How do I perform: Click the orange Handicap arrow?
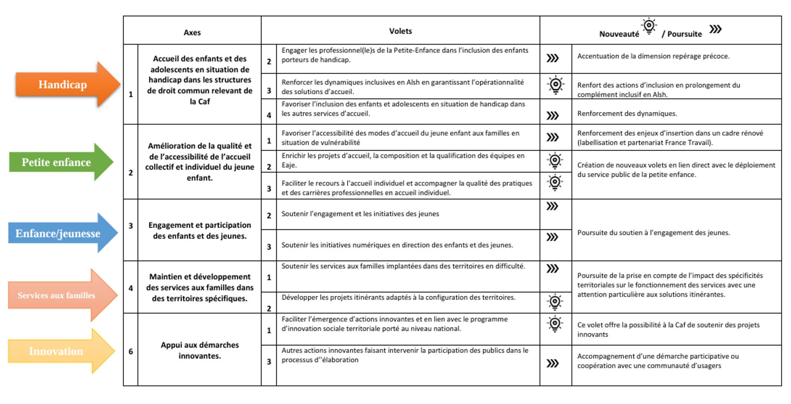(63, 84)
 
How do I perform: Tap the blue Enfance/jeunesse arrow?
(59, 233)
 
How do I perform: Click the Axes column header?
(192, 32)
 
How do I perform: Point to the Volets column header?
(400, 31)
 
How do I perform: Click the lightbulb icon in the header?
(649, 27)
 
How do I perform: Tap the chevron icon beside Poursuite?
(715, 29)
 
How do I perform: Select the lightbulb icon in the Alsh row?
(556, 85)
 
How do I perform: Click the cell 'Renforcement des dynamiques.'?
(627, 114)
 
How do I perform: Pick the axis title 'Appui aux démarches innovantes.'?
(200, 350)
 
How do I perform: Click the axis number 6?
(131, 351)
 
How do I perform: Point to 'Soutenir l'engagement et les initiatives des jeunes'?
(360, 214)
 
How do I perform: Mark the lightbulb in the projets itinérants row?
(555, 302)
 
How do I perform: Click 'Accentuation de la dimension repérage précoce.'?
(653, 56)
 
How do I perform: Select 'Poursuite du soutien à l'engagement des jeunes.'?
(653, 233)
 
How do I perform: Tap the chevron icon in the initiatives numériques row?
(552, 237)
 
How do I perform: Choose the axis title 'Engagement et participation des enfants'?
(200, 231)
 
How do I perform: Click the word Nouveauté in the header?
(619, 34)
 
